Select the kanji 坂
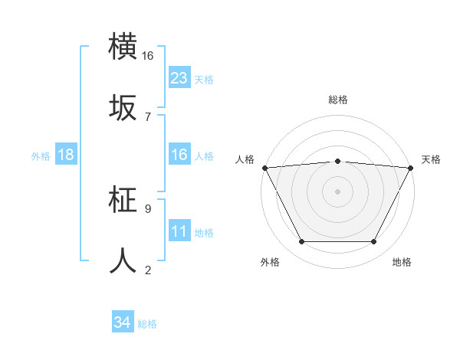tap(123, 109)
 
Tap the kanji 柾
tap(123, 201)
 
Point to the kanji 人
tap(123, 260)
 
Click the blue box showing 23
tap(179, 78)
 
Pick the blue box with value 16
tap(179, 155)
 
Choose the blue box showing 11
tap(179, 231)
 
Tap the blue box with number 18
tap(66, 155)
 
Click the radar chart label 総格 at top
tap(338, 100)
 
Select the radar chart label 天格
tap(431, 159)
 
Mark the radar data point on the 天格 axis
tap(411, 168)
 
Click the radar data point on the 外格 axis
tap(301, 242)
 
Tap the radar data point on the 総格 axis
tap(338, 161)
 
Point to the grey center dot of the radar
tap(338, 191)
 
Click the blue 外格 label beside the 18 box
tap(41, 155)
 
